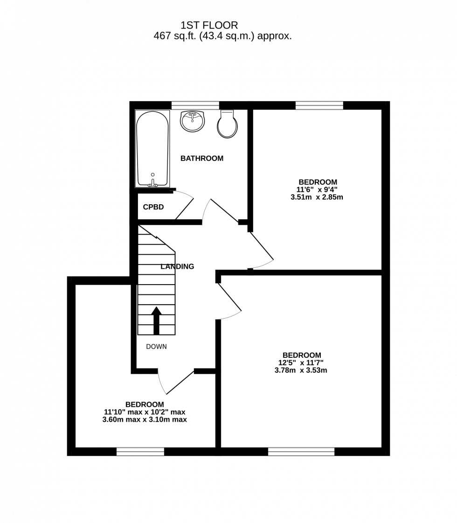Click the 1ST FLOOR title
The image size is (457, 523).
pyautogui.click(x=209, y=25)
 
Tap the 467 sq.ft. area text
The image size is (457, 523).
pyautogui.click(x=222, y=36)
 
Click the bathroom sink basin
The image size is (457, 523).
pyautogui.click(x=192, y=121)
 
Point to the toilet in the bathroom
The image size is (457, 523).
pyautogui.click(x=227, y=125)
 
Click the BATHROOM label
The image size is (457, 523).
pyautogui.click(x=202, y=159)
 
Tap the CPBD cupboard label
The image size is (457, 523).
pyautogui.click(x=153, y=207)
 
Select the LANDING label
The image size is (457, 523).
pyautogui.click(x=177, y=267)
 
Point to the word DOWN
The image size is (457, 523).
pyautogui.click(x=156, y=347)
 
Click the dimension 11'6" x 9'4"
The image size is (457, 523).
pyautogui.click(x=317, y=190)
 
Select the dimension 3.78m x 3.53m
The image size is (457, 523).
pyautogui.click(x=301, y=370)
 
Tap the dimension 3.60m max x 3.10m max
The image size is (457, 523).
pyautogui.click(x=145, y=419)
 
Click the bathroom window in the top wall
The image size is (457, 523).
pyautogui.click(x=195, y=105)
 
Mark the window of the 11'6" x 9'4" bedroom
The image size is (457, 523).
pyautogui.click(x=319, y=105)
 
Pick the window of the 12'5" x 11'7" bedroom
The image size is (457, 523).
pyautogui.click(x=301, y=451)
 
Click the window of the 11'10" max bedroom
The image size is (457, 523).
pyautogui.click(x=140, y=451)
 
